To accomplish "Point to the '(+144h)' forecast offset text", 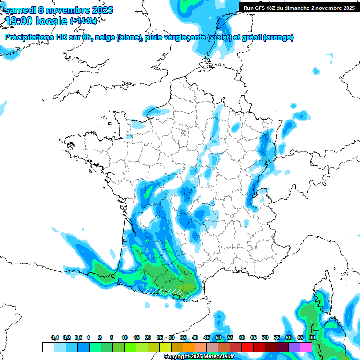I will pos(83,21).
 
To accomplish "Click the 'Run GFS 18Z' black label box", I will pos(299,7).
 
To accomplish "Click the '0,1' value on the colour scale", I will pos(55,338).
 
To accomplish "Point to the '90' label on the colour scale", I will pos(312,338).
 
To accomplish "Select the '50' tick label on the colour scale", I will pos(218,338).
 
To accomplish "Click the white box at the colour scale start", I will pos(48,347).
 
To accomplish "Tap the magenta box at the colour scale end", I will pos(306,347).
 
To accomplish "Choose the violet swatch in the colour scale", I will pos(294,347).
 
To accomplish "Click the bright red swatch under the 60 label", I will pos(247,347).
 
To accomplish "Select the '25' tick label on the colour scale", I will pos(160,338).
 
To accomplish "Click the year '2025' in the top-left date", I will pos(98,10).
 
